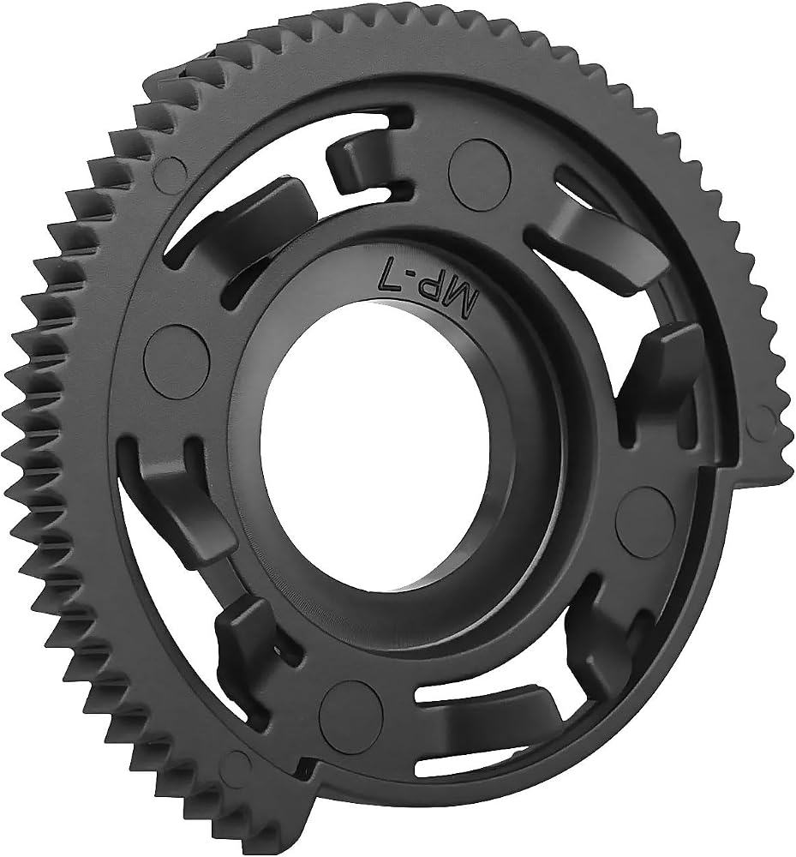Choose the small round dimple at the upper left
click(171, 172)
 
